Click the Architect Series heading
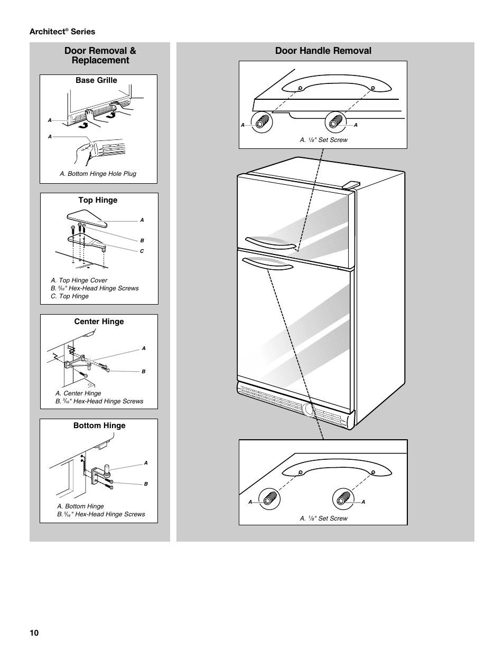click(x=62, y=32)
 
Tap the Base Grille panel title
click(x=96, y=80)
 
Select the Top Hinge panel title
click(x=98, y=200)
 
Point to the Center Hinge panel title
click(x=99, y=322)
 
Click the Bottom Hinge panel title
click(x=99, y=426)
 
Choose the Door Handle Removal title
click(x=323, y=51)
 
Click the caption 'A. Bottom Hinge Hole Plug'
click(x=98, y=174)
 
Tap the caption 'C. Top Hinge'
click(x=70, y=296)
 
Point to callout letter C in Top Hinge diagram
click(x=142, y=251)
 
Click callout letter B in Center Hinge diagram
click(x=144, y=372)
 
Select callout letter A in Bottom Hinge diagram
click(x=146, y=463)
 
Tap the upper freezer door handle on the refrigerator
click(x=270, y=243)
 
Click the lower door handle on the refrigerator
click(x=267, y=264)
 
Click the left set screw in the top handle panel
click(x=262, y=122)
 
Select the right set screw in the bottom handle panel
click(x=343, y=499)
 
